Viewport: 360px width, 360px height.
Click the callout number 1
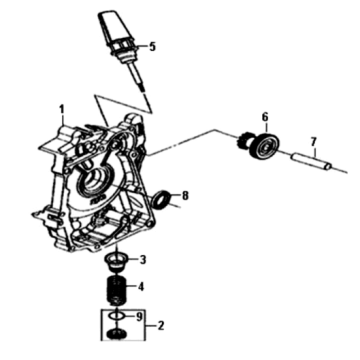61,109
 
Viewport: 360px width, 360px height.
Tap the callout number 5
152,47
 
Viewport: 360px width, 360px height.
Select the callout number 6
265,117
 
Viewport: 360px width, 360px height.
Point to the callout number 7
313,142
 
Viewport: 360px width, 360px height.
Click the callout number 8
185,196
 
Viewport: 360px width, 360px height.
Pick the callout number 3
143,260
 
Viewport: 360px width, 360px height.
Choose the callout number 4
141,286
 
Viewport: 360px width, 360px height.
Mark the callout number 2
160,325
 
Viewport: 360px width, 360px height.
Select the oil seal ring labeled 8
161,199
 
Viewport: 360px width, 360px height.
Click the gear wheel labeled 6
266,146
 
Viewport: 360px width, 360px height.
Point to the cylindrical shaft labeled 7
311,161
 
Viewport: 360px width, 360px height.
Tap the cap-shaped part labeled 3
117,261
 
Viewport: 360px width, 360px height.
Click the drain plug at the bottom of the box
116,333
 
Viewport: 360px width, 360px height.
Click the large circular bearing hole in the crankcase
95,183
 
